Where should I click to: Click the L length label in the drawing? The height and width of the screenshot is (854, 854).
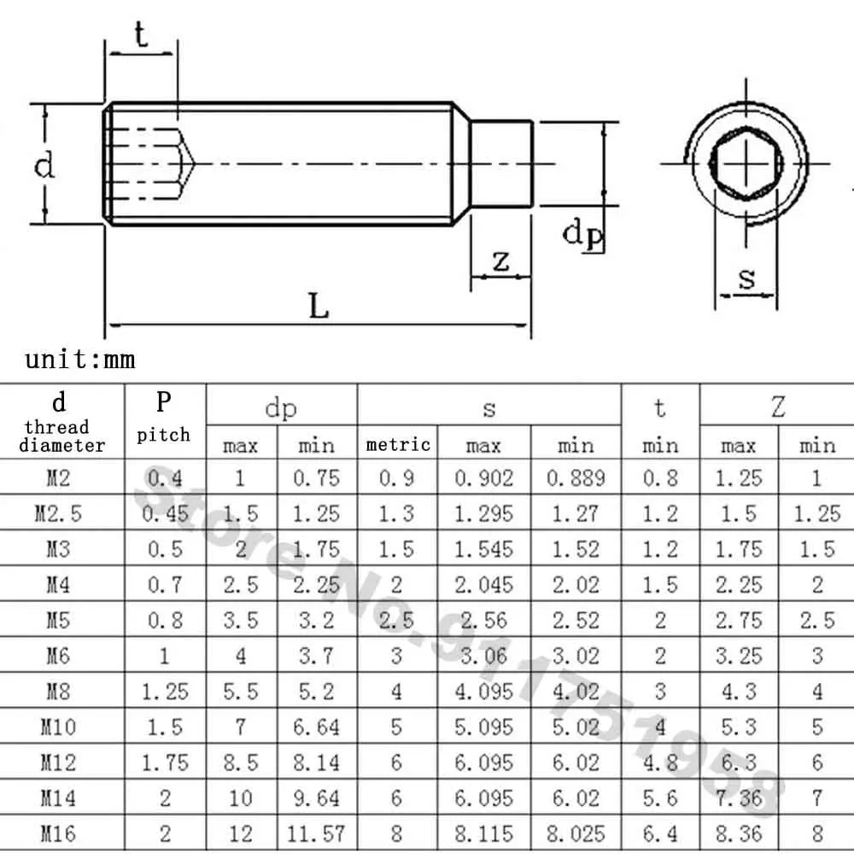pyautogui.click(x=319, y=306)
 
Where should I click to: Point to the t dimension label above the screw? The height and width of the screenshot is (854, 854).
pyautogui.click(x=141, y=36)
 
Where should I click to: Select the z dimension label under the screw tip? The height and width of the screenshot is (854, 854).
pyautogui.click(x=501, y=260)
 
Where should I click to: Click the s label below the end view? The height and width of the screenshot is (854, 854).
pyautogui.click(x=747, y=278)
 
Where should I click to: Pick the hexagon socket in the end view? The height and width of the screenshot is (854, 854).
pyautogui.click(x=747, y=162)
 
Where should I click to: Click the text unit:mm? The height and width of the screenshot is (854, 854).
pyautogui.click(x=80, y=358)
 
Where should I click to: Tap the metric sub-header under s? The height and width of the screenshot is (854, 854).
pyautogui.click(x=398, y=444)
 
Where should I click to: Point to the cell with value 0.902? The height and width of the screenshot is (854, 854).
pyautogui.click(x=484, y=477)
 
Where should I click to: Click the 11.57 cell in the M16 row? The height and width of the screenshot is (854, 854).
pyautogui.click(x=316, y=833)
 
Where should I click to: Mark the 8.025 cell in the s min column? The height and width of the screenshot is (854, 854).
pyautogui.click(x=576, y=833)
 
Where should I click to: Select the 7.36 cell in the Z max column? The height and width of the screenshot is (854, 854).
pyautogui.click(x=739, y=798)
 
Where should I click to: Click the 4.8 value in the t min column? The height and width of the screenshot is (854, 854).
pyautogui.click(x=660, y=762)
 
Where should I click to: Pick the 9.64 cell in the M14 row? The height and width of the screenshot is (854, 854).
pyautogui.click(x=316, y=798)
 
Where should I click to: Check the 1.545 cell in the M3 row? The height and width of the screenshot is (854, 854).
pyautogui.click(x=484, y=549)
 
